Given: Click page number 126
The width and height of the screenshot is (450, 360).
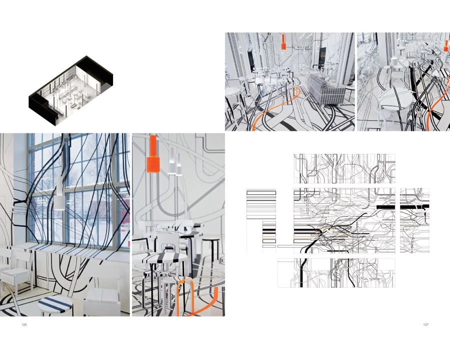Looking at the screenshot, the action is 24,324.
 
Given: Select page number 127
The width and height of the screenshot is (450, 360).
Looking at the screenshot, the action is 425,324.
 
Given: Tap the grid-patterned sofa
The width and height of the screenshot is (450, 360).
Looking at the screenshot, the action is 326,90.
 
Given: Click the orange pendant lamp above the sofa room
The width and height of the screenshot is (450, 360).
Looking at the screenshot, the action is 283,43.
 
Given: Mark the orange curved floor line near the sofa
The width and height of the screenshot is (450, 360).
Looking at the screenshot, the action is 275,109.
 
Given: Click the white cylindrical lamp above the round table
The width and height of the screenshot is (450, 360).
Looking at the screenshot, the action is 394,61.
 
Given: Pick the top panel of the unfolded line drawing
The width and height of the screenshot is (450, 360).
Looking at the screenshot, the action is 344,169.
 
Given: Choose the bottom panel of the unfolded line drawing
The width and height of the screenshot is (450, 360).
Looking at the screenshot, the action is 336,272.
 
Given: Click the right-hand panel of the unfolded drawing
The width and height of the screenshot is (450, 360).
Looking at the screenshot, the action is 414,220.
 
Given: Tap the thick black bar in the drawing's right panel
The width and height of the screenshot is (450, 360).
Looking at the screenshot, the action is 414,206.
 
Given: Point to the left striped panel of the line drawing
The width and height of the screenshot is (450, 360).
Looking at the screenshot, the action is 261,220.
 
